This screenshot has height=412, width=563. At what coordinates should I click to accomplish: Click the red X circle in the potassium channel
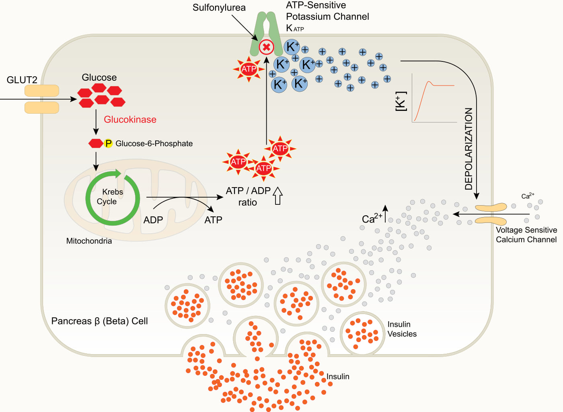[x=266, y=47]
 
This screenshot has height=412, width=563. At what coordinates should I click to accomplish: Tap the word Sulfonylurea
[x=219, y=8]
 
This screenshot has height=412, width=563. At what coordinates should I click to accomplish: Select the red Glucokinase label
[x=130, y=119]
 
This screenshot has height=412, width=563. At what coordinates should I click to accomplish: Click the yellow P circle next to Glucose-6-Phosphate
[x=108, y=143]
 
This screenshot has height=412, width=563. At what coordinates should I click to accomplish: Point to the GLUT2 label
[x=22, y=80]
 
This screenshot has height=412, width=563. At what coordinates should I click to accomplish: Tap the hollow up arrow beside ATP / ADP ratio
[x=277, y=196]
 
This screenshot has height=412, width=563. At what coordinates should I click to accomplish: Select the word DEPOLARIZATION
[x=469, y=149]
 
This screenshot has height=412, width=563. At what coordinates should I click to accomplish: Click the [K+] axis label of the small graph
[x=401, y=101]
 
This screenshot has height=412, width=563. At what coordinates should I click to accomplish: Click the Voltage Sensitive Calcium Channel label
[x=526, y=235]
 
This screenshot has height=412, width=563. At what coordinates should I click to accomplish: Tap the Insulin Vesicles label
[x=402, y=329]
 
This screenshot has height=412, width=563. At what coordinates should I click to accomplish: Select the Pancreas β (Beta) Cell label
[x=99, y=321]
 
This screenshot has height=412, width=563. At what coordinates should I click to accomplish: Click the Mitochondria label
[x=89, y=241]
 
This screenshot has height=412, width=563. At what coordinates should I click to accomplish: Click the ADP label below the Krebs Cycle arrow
[x=153, y=220]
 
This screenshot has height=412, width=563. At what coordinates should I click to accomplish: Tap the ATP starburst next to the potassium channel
[x=249, y=69]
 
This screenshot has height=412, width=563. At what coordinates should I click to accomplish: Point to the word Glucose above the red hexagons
[x=99, y=77]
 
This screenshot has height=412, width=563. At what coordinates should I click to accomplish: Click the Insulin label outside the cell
[x=337, y=376]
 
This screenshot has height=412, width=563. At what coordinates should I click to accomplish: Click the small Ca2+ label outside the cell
[x=528, y=196]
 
